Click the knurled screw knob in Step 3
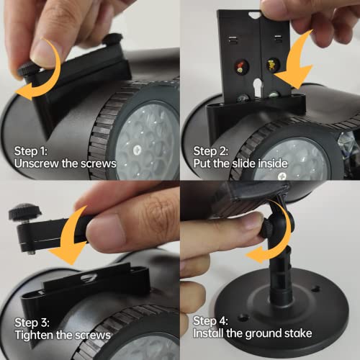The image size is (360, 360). [x=20, y=213]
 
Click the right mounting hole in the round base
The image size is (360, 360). [x=315, y=289]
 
